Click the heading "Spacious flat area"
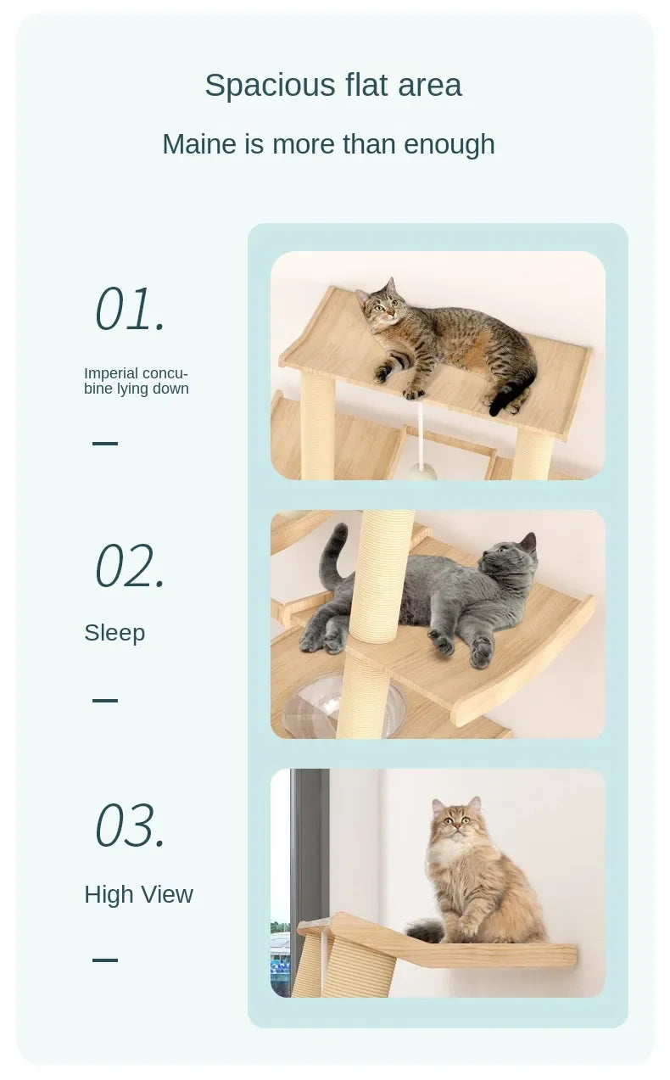(333, 86)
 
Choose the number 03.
(130, 825)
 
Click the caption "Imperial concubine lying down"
(136, 381)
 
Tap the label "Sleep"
(114, 633)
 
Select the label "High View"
(138, 894)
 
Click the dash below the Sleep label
(105, 700)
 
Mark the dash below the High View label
(105, 960)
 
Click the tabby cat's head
(381, 301)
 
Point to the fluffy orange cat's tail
(425, 931)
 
